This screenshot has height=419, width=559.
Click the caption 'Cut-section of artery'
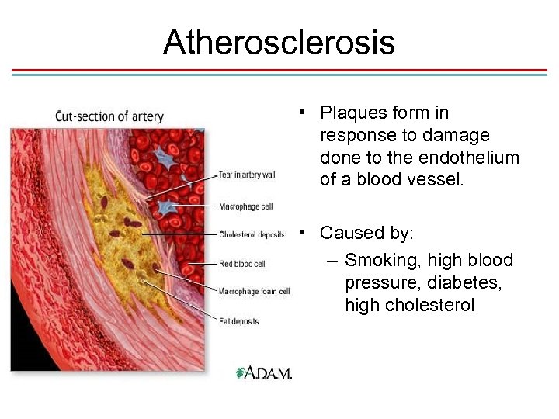point(109,116)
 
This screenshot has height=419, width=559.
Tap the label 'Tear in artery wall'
point(247,175)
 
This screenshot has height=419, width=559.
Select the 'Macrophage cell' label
point(245,207)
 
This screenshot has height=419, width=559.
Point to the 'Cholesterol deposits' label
point(252,234)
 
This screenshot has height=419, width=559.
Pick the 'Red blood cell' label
point(242,264)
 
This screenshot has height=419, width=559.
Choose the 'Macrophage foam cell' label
point(254,292)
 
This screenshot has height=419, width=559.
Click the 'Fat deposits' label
point(239,321)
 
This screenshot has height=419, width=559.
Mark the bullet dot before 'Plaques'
point(300,113)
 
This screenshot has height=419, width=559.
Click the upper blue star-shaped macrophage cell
point(165,158)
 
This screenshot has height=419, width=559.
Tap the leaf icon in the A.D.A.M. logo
point(241,373)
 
